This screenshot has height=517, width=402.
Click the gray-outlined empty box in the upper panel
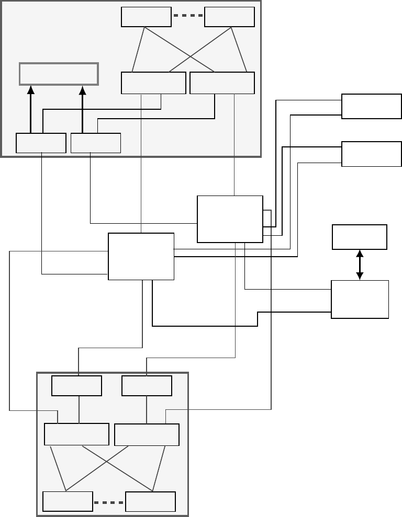coord(59,74)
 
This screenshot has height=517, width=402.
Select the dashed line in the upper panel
coord(188,16)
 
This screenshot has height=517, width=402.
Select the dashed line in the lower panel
coord(109,503)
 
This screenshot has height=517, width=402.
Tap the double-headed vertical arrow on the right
coord(360,265)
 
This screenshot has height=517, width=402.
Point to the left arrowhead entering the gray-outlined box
coord(30,89)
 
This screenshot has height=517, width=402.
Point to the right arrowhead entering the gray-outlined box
coord(83,89)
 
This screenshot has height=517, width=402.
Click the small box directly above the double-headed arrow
coord(360,237)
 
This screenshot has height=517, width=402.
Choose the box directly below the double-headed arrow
coord(360,299)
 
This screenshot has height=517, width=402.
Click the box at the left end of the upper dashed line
coord(146,17)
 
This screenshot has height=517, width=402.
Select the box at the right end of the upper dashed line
coord(229,17)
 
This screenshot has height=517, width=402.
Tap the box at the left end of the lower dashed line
coord(68,502)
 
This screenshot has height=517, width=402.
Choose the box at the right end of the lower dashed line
coord(151,502)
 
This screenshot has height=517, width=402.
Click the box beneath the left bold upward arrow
coord(41,143)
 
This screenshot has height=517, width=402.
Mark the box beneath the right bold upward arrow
coord(95,143)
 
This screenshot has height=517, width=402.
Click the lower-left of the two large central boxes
coord(141,256)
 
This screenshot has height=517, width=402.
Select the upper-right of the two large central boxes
coord(230,219)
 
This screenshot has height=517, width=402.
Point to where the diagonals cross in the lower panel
coord(107,461)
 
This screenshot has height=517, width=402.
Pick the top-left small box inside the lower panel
coord(76,386)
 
